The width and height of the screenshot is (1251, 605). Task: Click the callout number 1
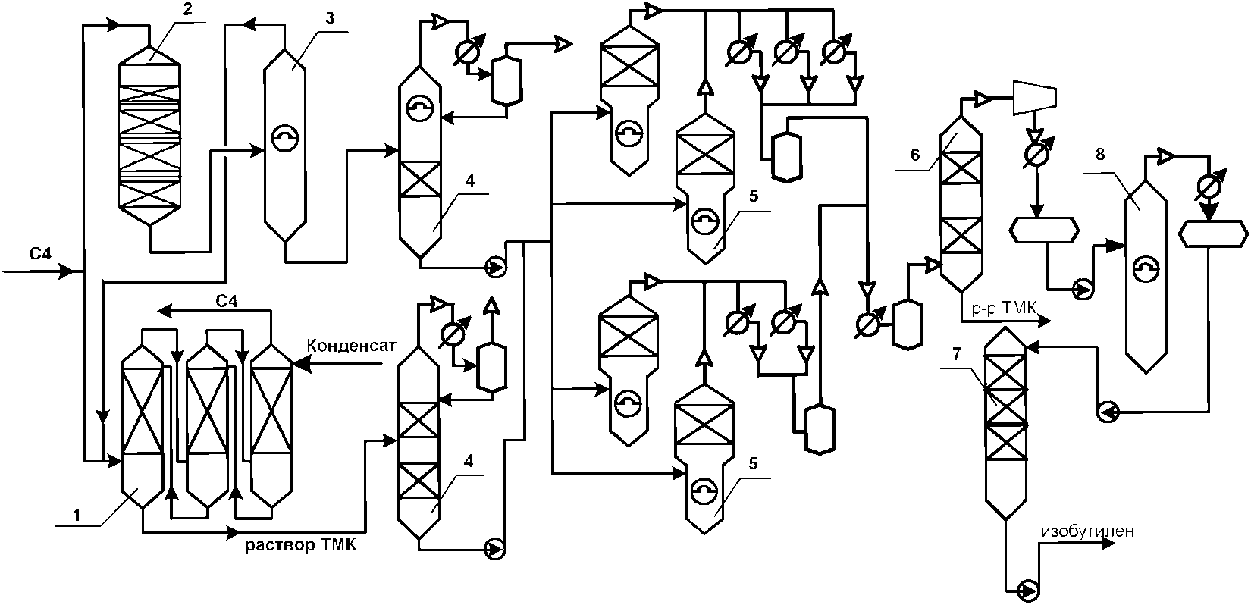click(77, 515)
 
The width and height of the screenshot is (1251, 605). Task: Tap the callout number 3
click(330, 18)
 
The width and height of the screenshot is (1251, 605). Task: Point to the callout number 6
click(914, 154)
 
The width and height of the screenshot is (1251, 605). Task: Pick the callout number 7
click(957, 354)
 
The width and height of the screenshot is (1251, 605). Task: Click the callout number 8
click(1099, 154)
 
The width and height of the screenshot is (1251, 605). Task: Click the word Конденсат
click(351, 346)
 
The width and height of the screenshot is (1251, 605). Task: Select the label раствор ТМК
click(301, 545)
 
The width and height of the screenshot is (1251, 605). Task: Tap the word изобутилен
click(1086, 531)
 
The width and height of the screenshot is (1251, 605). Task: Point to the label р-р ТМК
click(1004, 308)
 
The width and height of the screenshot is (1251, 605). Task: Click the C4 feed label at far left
click(40, 254)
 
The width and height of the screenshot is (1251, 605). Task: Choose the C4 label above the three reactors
click(226, 302)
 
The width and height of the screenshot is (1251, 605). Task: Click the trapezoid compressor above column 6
click(1035, 97)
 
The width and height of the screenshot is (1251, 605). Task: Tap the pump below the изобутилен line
click(1027, 590)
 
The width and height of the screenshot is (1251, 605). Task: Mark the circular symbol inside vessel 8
click(1146, 268)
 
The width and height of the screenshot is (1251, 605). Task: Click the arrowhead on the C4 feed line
click(67, 272)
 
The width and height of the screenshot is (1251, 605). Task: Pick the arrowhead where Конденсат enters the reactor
click(300, 365)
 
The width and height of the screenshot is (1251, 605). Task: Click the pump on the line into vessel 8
click(1085, 290)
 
